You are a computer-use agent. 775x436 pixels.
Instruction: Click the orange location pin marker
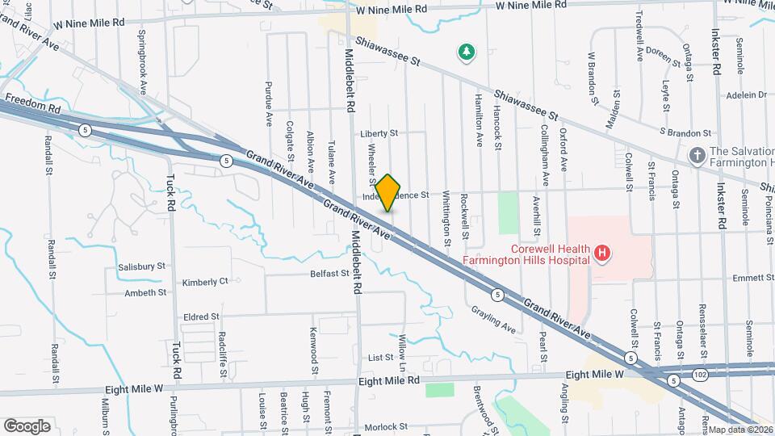[388, 193]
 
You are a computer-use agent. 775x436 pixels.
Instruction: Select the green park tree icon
[466, 53]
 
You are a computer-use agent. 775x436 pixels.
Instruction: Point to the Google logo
[27, 426]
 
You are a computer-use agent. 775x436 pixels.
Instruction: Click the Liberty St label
[379, 133]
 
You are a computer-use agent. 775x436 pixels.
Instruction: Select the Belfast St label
[329, 275]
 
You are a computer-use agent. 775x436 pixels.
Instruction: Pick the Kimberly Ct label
[206, 283]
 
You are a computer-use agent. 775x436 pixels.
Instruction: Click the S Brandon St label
[685, 132]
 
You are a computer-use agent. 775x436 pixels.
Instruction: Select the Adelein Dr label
[745, 94]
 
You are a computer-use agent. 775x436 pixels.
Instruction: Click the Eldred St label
[201, 317]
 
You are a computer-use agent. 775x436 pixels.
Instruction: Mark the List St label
[379, 357]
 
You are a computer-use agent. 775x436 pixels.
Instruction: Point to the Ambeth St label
[145, 293]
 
